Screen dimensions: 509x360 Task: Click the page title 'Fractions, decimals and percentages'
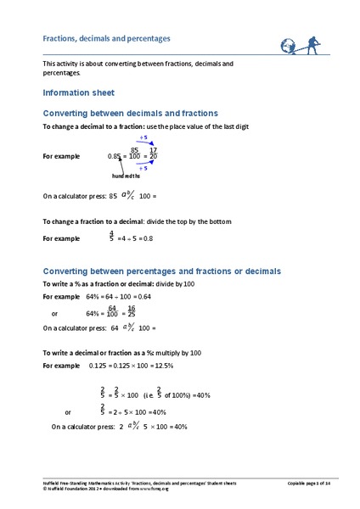pyautogui.click(x=107, y=38)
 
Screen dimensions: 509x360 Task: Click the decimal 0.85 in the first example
pyautogui.click(x=115, y=156)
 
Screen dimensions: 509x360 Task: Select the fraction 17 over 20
pyautogui.click(x=153, y=154)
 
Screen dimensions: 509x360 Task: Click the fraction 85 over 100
pyautogui.click(x=134, y=154)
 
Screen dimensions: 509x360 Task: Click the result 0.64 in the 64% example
pyautogui.click(x=143, y=297)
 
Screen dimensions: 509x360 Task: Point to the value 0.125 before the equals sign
pyautogui.click(x=100, y=366)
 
